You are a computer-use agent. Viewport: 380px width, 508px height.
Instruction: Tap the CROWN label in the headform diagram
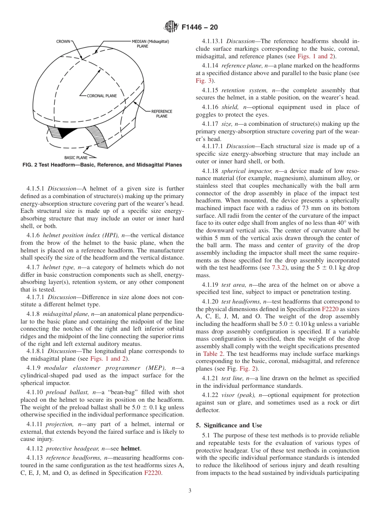pyautogui.click(x=63, y=41)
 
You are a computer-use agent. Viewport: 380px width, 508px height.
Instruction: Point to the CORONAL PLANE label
pyautogui.click(x=102, y=96)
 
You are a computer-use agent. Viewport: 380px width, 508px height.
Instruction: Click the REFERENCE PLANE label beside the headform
pyautogui.click(x=162, y=114)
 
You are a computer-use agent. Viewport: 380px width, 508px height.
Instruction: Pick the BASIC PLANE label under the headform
pyautogui.click(x=76, y=157)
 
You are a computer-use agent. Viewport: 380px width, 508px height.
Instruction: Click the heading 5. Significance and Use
pyautogui.click(x=229, y=425)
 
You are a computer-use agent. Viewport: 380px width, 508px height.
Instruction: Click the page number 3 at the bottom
pyautogui.click(x=190, y=491)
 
